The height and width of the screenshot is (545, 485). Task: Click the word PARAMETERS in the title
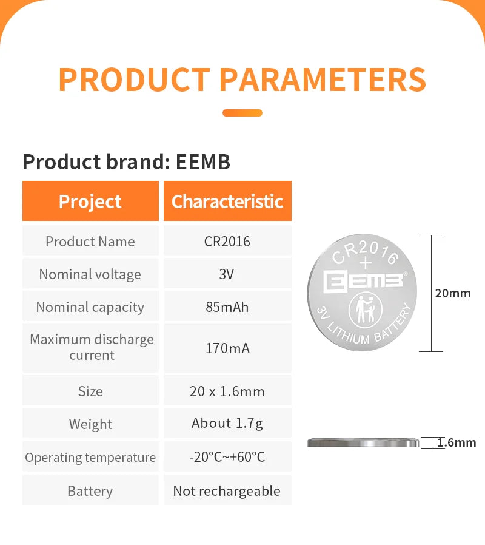coord(322,80)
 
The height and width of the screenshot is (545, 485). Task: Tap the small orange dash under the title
coord(242,113)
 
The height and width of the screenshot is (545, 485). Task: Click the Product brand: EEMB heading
coord(126,162)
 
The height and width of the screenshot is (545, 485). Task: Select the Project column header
coord(90,201)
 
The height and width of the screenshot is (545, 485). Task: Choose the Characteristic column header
coord(227,201)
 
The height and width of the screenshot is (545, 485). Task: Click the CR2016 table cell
coord(227,241)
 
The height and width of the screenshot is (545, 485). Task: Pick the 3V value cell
coord(227,274)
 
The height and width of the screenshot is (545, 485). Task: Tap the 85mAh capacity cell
coord(227,306)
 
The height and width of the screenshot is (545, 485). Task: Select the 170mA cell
coord(227,348)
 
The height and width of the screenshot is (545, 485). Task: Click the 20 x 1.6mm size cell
coord(227,391)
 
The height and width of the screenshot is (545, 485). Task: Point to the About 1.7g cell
coord(227,423)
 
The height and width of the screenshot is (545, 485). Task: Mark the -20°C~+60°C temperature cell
coord(227,456)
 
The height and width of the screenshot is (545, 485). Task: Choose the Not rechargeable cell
coord(227,490)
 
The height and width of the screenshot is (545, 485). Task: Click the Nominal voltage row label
coord(90,274)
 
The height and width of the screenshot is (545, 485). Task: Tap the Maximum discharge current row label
coord(92,347)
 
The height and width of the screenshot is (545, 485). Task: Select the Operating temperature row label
coord(90,457)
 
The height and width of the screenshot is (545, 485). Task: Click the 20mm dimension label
coord(453,293)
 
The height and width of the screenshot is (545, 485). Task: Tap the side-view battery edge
coord(363,443)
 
